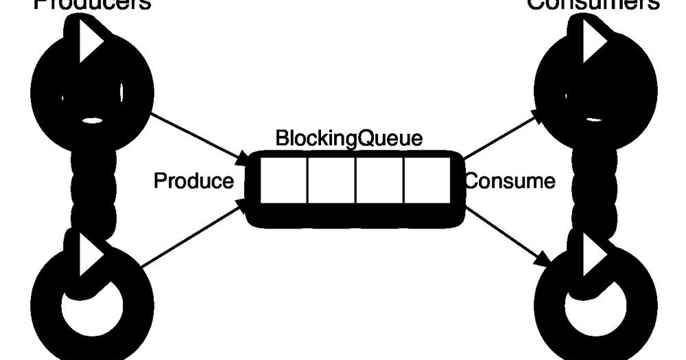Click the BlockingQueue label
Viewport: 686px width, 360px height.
coord(348,138)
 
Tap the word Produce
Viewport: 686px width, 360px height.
coord(193,182)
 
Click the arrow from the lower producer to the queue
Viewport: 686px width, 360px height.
coord(192,234)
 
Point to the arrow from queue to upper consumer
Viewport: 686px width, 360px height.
coord(504,136)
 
